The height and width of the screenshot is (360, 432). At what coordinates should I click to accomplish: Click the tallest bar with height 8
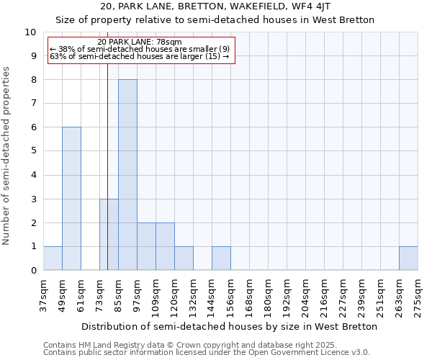127,175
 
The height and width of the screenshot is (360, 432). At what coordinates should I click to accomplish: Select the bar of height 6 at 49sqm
71,199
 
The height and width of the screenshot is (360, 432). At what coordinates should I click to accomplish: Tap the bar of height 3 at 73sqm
109,234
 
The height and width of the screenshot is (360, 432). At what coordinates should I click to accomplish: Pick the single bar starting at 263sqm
408,258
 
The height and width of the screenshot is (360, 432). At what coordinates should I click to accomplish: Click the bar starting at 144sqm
221,258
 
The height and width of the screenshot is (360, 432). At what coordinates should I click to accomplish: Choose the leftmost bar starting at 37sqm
53,258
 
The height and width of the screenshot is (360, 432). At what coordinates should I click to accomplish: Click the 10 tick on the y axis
30,32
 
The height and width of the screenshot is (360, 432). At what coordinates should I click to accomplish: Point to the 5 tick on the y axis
33,151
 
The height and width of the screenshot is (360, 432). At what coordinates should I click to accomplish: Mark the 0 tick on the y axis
33,271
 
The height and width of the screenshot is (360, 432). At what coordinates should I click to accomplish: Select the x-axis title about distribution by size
230,326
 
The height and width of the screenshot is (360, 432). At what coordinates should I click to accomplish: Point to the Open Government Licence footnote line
207,353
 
